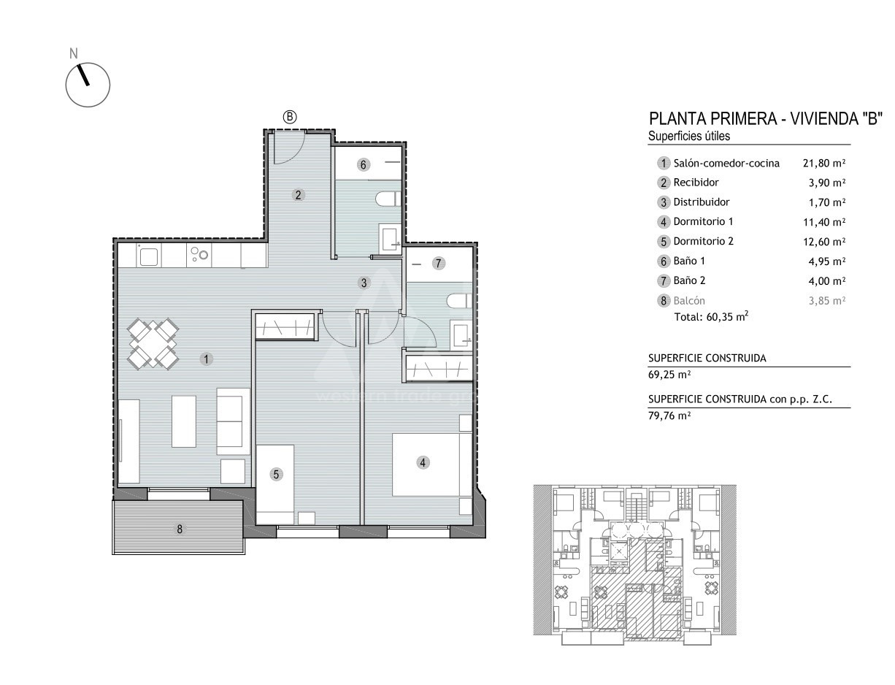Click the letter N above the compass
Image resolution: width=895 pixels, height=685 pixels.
point(74,53)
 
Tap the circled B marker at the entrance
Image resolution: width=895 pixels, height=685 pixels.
point(290,118)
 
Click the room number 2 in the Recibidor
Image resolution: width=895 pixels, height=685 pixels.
point(298,195)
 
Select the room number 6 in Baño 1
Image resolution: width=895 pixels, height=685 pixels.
point(364,165)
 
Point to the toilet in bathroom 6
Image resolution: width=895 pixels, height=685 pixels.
point(388,199)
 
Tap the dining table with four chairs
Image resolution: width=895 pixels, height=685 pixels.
point(153,344)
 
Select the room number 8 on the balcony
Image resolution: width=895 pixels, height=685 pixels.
point(180,529)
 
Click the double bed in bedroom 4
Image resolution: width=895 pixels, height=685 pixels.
point(426,464)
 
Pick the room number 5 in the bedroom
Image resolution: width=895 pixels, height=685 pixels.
point(276,474)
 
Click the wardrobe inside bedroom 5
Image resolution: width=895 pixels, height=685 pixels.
point(285,326)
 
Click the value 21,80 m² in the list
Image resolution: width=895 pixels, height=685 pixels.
point(824,163)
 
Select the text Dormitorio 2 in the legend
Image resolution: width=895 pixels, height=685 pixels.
point(703,242)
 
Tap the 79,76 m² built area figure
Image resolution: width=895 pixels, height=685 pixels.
point(669,416)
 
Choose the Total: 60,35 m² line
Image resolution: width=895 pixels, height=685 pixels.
point(711,316)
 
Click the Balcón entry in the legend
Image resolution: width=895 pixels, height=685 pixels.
point(689,301)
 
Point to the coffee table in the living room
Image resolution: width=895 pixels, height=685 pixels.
point(184,421)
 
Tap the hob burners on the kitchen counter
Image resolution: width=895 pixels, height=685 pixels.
point(199,253)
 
